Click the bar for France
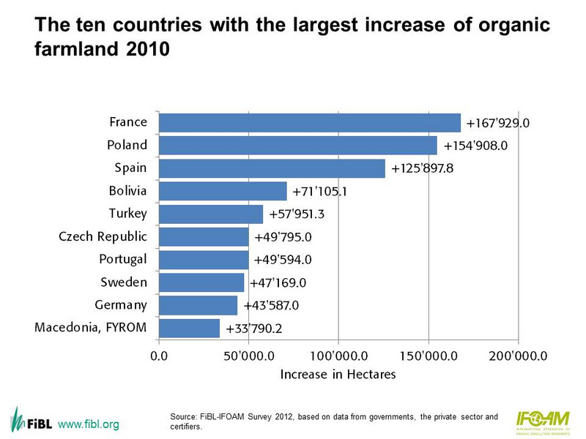click(x=309, y=123)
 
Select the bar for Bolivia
click(x=223, y=191)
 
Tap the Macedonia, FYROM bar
click(x=189, y=328)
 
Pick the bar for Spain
click(x=272, y=168)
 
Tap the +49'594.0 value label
click(x=287, y=260)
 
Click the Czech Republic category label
click(x=103, y=237)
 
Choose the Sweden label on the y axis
click(x=124, y=282)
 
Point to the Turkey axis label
click(x=127, y=214)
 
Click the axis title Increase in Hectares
click(x=338, y=375)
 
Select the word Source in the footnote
click(x=182, y=417)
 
